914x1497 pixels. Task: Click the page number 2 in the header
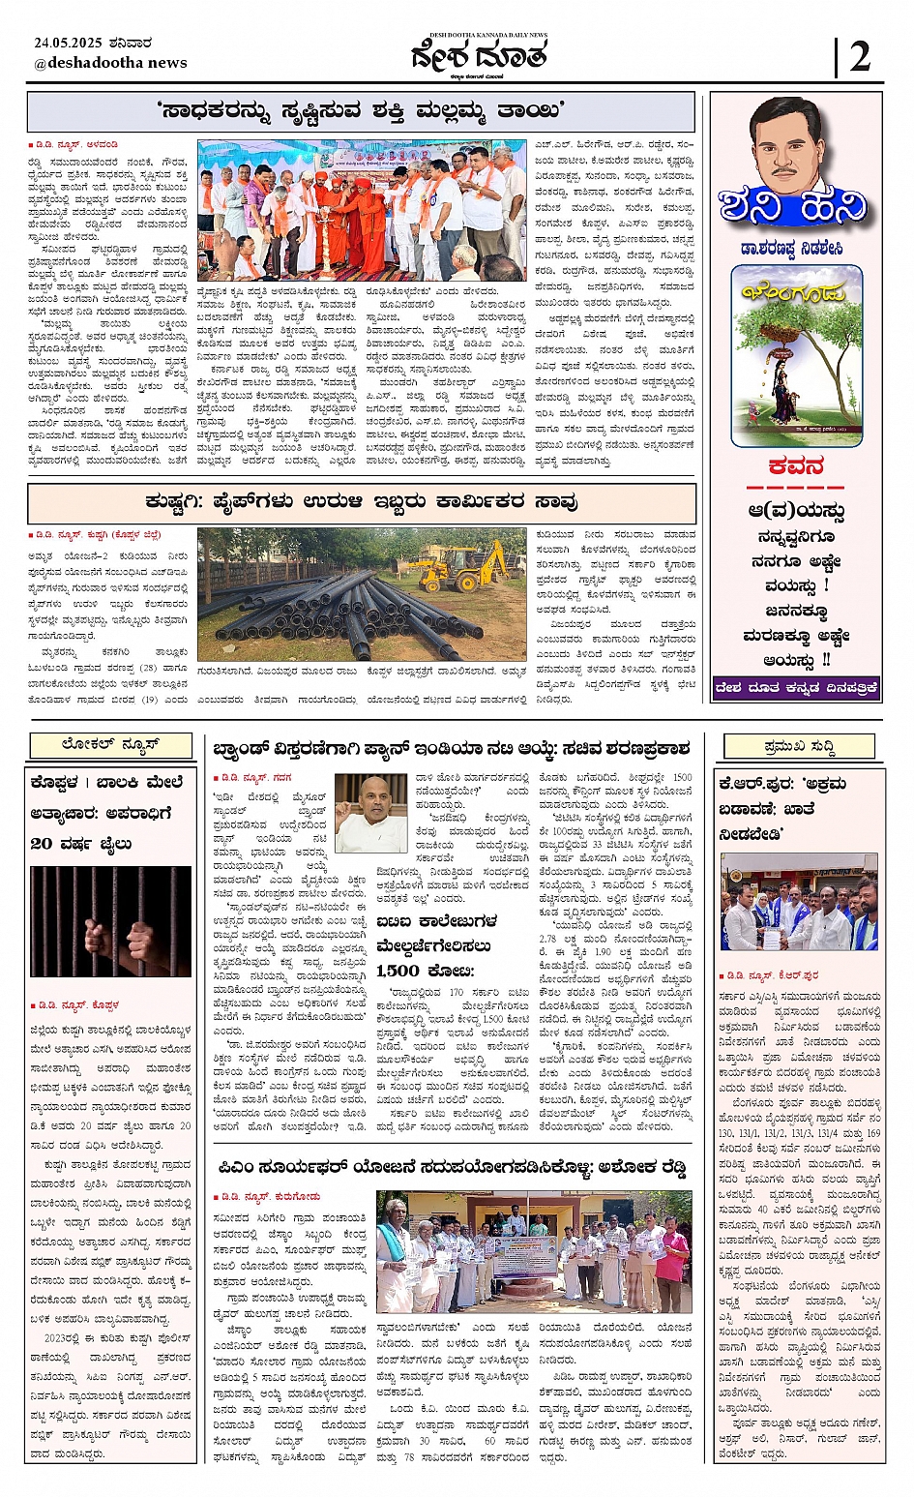coord(859,57)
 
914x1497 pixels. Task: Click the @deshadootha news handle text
coord(110,63)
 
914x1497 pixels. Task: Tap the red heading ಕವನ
coord(796,466)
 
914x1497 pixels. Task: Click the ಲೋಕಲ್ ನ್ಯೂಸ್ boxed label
coord(110,744)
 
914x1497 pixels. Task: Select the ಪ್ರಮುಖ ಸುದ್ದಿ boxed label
coord(799,746)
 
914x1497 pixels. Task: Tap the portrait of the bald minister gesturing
coord(370,812)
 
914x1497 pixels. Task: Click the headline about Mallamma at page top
coord(360,111)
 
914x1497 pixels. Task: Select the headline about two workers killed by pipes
coord(360,502)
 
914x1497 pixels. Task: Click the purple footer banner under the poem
coord(796,688)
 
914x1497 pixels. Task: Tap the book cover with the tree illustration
coord(796,356)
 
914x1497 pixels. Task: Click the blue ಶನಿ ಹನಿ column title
coord(793,206)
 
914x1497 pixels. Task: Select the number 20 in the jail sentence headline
coord(42,843)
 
